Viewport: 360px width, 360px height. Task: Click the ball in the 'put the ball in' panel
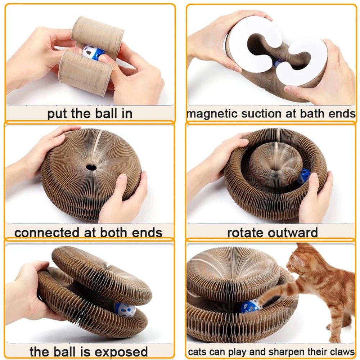[92, 53]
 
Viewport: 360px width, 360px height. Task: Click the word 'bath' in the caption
[303, 114]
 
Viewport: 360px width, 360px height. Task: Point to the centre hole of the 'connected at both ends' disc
[91, 167]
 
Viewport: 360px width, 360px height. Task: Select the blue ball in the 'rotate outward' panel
[303, 176]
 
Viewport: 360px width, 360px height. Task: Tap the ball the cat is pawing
[251, 306]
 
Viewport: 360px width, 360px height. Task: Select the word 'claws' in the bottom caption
[341, 351]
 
